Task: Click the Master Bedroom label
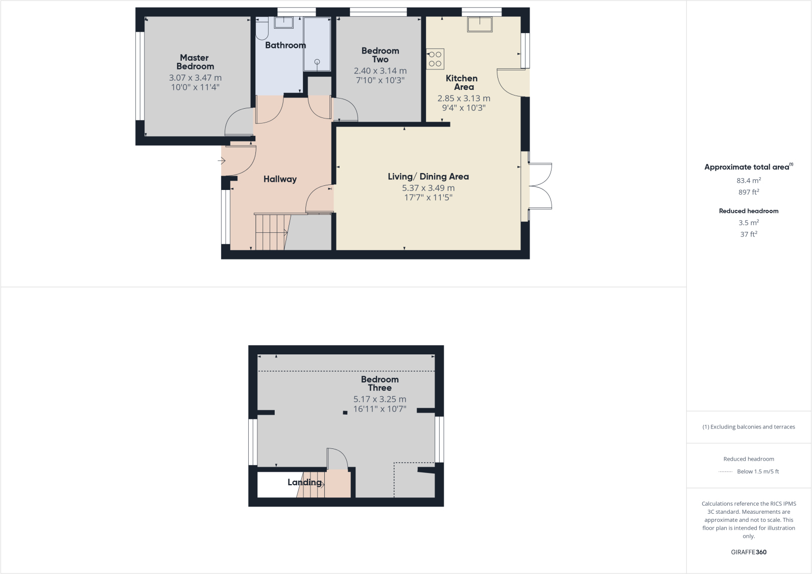(195, 62)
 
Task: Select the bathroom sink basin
(284, 22)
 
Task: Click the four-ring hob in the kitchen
(435, 59)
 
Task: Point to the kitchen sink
(480, 24)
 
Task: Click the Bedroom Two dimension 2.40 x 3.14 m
(380, 71)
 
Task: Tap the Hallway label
(280, 179)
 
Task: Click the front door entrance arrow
(222, 161)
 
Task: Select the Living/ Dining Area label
(428, 177)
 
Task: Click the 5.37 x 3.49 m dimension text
(428, 188)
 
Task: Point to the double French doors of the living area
(540, 186)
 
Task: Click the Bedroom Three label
(379, 384)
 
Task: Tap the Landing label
(304, 482)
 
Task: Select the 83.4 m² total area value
(749, 180)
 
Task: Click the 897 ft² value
(749, 192)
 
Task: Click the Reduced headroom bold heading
(749, 211)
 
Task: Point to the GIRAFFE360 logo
(749, 552)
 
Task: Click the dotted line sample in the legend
(726, 472)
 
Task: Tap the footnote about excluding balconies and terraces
(749, 427)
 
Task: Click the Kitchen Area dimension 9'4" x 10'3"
(463, 108)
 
